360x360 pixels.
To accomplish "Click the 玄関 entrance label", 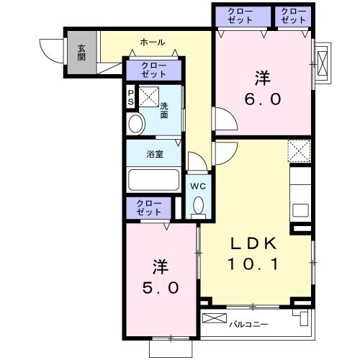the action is (81, 53).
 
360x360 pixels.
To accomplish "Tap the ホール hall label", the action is (153, 42).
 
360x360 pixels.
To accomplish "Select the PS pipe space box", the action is (131, 97).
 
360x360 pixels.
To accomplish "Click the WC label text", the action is (198, 186).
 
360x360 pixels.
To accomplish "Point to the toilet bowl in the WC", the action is (199, 206).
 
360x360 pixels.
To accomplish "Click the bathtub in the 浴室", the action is (153, 181).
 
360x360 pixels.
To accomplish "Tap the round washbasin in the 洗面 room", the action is (136, 124).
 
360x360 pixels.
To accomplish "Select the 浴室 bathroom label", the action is (155, 154).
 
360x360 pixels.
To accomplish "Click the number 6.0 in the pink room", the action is (263, 99).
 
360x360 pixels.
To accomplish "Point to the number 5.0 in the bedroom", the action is (161, 288).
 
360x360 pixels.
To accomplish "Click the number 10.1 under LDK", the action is (253, 264).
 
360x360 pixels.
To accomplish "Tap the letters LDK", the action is (253, 243).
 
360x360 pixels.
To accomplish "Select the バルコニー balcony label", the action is (248, 325).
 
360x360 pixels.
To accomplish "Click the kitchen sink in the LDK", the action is (300, 210).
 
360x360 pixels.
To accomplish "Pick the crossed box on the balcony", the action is (215, 318).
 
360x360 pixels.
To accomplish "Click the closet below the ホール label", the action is (153, 71).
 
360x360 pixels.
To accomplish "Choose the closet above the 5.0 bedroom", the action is (149, 208).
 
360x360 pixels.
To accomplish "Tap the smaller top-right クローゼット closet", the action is (293, 17).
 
